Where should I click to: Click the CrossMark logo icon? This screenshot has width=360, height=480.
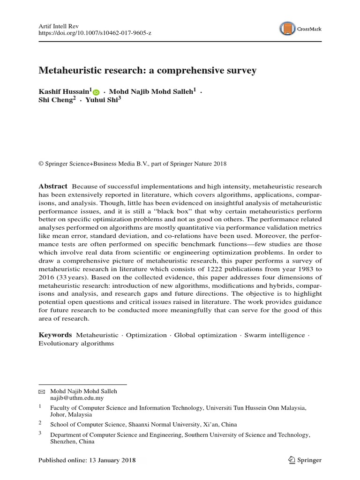point(287,29)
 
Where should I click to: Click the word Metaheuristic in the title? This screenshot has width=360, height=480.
point(71,71)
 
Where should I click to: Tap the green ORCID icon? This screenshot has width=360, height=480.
point(96,93)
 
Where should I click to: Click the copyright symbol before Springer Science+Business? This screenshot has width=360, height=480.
point(40,164)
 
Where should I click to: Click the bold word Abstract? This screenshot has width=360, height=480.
point(52,186)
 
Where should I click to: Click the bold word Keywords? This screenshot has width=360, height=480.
point(55,335)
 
